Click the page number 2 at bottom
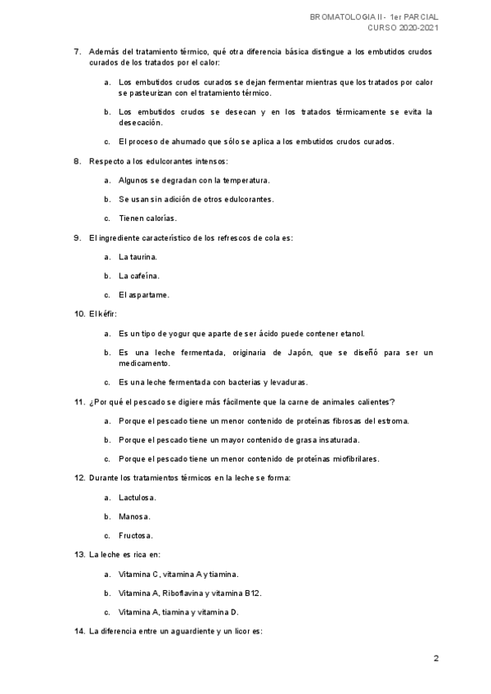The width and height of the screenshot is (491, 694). (x=436, y=658)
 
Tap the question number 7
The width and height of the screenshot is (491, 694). (x=77, y=52)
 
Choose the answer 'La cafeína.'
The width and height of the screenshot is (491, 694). (x=139, y=276)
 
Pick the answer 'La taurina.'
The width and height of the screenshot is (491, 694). (x=138, y=256)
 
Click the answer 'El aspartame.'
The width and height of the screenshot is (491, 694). (x=144, y=295)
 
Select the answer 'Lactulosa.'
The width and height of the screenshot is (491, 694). (x=137, y=497)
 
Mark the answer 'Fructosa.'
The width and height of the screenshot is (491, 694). (x=136, y=535)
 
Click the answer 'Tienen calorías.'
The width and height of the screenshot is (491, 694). (x=147, y=218)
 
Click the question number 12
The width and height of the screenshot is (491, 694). (x=79, y=477)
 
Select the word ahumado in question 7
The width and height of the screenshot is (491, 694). (x=190, y=141)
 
